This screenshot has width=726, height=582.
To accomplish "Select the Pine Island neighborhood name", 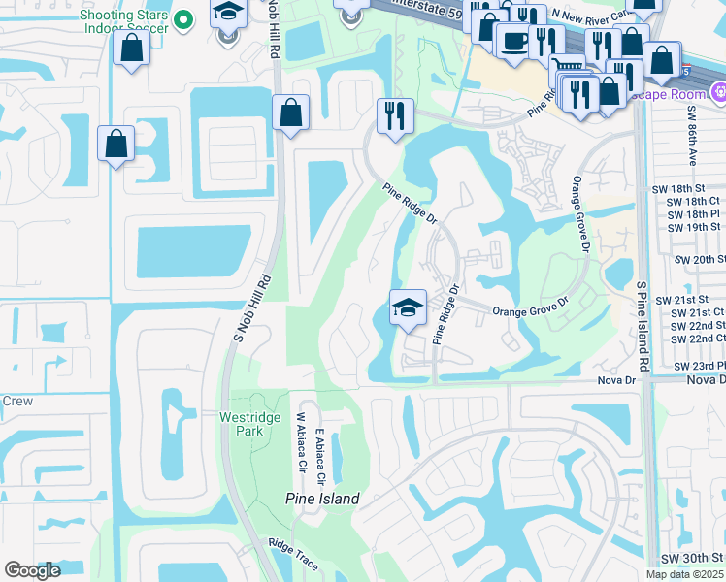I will tap(322, 499).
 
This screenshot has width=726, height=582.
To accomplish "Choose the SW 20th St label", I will tap(696, 260).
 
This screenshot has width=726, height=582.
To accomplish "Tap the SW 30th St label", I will tap(693, 560).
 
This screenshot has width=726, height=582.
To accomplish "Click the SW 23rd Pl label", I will tap(698, 366).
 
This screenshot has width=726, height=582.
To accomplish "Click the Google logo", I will tap(31, 570).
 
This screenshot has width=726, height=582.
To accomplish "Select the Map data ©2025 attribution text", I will tap(684, 574).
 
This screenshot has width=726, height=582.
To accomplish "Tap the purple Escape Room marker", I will tap(718, 93).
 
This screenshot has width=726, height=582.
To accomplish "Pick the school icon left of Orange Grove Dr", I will tap(408, 307).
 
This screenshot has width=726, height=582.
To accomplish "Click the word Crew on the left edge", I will tap(17, 401).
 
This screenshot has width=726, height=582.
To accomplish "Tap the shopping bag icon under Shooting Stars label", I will tap(131, 48).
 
